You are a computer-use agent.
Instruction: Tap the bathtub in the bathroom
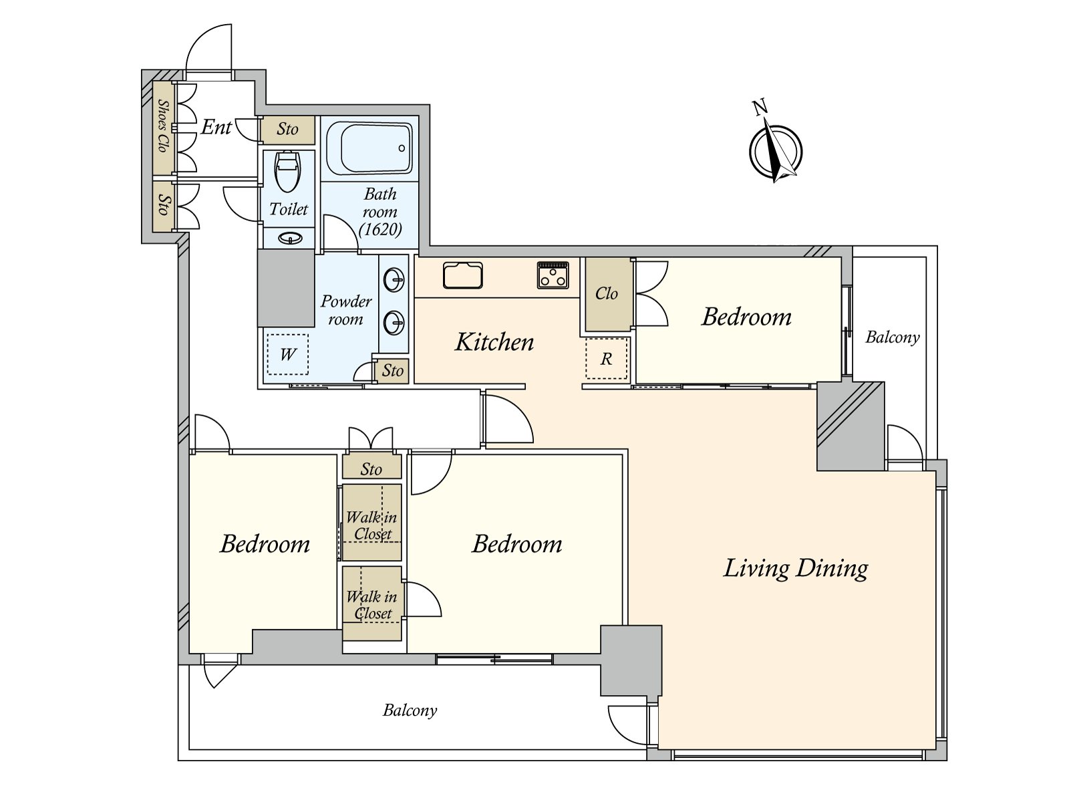click(369, 148)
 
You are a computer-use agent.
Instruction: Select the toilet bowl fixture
click(288, 172)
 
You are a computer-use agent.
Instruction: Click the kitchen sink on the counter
click(462, 275)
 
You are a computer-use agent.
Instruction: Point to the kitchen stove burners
click(553, 275)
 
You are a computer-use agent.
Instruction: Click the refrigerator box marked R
click(607, 358)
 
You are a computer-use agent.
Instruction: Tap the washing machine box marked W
click(287, 354)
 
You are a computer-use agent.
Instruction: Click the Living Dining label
click(795, 568)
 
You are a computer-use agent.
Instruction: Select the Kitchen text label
click(494, 342)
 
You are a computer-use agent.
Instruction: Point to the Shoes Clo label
click(163, 126)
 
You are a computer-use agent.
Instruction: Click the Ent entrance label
click(216, 127)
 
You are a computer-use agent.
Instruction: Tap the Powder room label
click(346, 310)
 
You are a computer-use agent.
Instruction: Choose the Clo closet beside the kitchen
click(607, 293)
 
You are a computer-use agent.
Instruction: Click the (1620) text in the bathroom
click(380, 229)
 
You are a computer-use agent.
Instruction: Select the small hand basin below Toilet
click(290, 238)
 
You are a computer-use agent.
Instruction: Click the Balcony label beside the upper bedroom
click(892, 337)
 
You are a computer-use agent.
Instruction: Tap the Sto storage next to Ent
click(287, 129)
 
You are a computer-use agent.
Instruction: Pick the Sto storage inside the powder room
click(392, 371)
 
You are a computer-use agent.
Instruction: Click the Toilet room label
click(289, 209)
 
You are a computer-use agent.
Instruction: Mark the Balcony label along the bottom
click(410, 710)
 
